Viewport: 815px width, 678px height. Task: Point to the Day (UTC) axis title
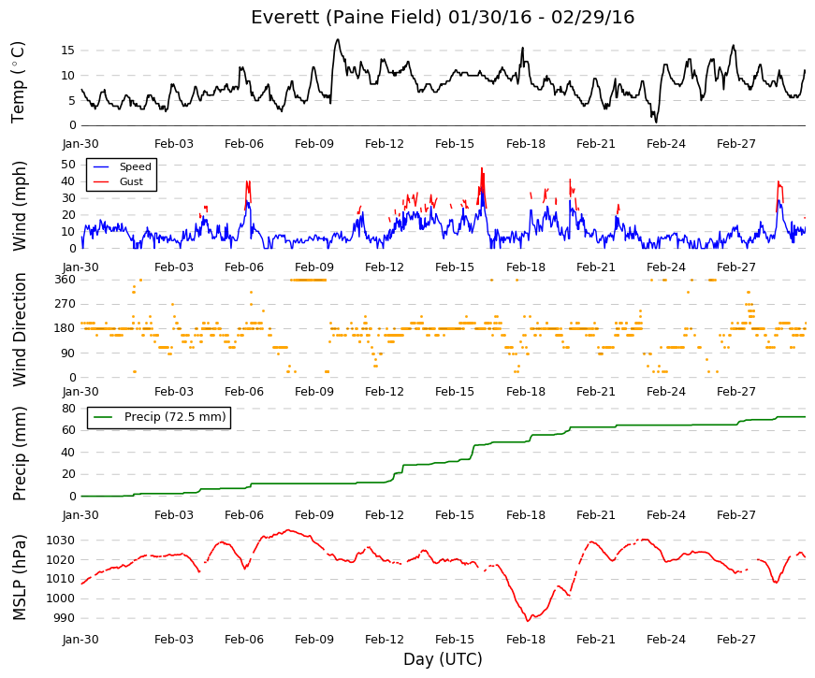pos(443,659)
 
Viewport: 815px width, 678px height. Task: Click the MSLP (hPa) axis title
pos(19,577)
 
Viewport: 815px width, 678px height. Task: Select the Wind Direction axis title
pos(19,329)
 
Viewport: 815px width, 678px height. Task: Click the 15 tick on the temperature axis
pos(68,50)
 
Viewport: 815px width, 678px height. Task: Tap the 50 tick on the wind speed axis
pos(68,165)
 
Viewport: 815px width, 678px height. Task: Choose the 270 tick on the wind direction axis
pos(65,304)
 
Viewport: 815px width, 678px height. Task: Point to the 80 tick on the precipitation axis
pos(68,409)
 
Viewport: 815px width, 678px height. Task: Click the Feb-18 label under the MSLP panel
pos(526,640)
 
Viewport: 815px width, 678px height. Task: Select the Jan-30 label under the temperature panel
pos(80,144)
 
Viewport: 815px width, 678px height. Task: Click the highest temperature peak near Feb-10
pos(338,39)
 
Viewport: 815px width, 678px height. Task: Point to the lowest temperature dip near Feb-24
pos(656,123)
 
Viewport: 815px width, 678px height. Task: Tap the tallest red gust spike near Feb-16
pos(482,168)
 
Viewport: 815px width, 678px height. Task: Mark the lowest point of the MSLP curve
pos(528,621)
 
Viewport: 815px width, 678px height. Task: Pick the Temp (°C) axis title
pos(19,82)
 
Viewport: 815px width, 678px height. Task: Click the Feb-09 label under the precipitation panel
pos(314,515)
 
